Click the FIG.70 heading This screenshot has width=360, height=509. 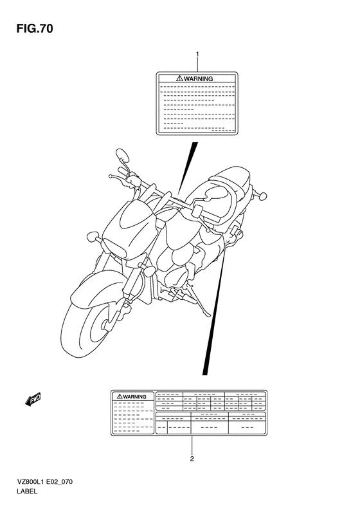pos(34,29)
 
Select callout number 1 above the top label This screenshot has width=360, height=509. pos(197,53)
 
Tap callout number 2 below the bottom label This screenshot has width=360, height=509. pos(192,459)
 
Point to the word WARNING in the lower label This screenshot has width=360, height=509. pos(134,396)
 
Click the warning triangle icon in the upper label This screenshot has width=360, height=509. pos(179,79)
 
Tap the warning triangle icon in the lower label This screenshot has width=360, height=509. pos(120,396)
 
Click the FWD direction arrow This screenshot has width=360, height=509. pos(33,400)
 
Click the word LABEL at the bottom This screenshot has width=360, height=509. pos(26,492)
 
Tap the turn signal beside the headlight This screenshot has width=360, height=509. pos(92,236)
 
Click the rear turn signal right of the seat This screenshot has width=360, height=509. pos(260,195)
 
